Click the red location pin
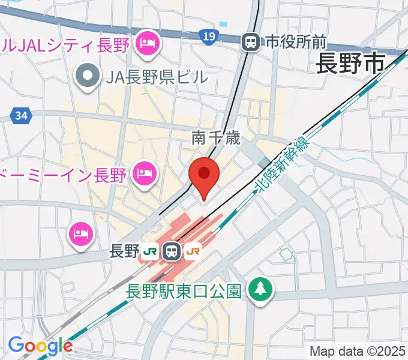[x=203, y=175]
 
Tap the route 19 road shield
[x=208, y=38]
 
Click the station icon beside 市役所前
[x=250, y=41]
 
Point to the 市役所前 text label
[x=296, y=41]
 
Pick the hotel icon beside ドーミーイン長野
[x=146, y=175]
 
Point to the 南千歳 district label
[x=216, y=139]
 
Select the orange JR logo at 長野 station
[x=193, y=251]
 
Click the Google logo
[x=40, y=346]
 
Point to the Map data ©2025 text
[x=358, y=352]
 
